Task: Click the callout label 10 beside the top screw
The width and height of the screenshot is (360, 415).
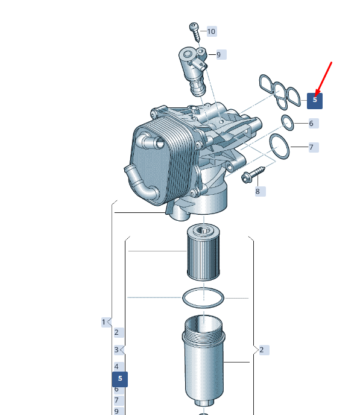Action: pyautogui.click(x=211, y=31)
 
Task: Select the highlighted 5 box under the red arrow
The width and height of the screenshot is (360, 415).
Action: pyautogui.click(x=315, y=101)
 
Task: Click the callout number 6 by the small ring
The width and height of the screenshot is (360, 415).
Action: pyautogui.click(x=314, y=123)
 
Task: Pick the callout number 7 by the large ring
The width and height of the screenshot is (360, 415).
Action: pyautogui.click(x=314, y=147)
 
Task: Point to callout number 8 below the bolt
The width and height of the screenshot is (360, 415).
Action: pyautogui.click(x=260, y=191)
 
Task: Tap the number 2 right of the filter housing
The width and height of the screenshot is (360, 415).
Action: pyautogui.click(x=264, y=350)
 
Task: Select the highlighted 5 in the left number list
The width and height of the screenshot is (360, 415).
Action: pyautogui.click(x=120, y=379)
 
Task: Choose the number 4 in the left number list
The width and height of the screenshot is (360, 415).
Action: pyautogui.click(x=119, y=367)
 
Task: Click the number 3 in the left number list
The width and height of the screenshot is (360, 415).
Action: pyautogui.click(x=119, y=350)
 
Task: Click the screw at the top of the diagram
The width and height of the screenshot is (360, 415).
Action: pyautogui.click(x=195, y=31)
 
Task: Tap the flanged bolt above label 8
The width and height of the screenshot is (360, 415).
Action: pyautogui.click(x=253, y=174)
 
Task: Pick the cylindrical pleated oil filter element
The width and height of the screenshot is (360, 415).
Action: pyautogui.click(x=203, y=252)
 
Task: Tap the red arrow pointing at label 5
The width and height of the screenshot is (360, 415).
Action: pyautogui.click(x=323, y=79)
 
